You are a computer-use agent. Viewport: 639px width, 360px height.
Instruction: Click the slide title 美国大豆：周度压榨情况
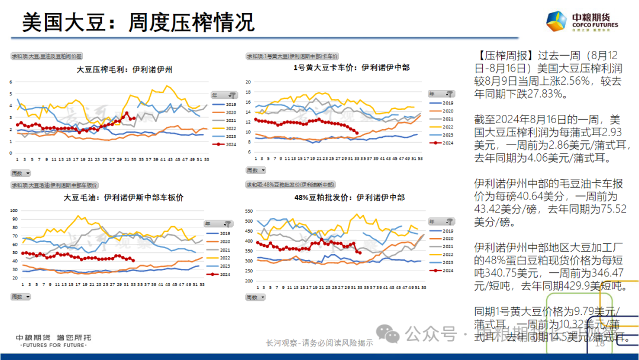pos(138,22)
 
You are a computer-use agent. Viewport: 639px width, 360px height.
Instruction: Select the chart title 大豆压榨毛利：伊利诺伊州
pos(124,69)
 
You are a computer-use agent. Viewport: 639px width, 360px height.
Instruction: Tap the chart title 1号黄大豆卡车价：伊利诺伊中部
pos(351,68)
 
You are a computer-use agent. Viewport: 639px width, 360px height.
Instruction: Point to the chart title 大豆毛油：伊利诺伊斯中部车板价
pos(124,198)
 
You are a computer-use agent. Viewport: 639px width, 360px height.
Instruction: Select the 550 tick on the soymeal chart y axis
pos(248,211)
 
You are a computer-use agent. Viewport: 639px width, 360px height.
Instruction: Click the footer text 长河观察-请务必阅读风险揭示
pos(319,343)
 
